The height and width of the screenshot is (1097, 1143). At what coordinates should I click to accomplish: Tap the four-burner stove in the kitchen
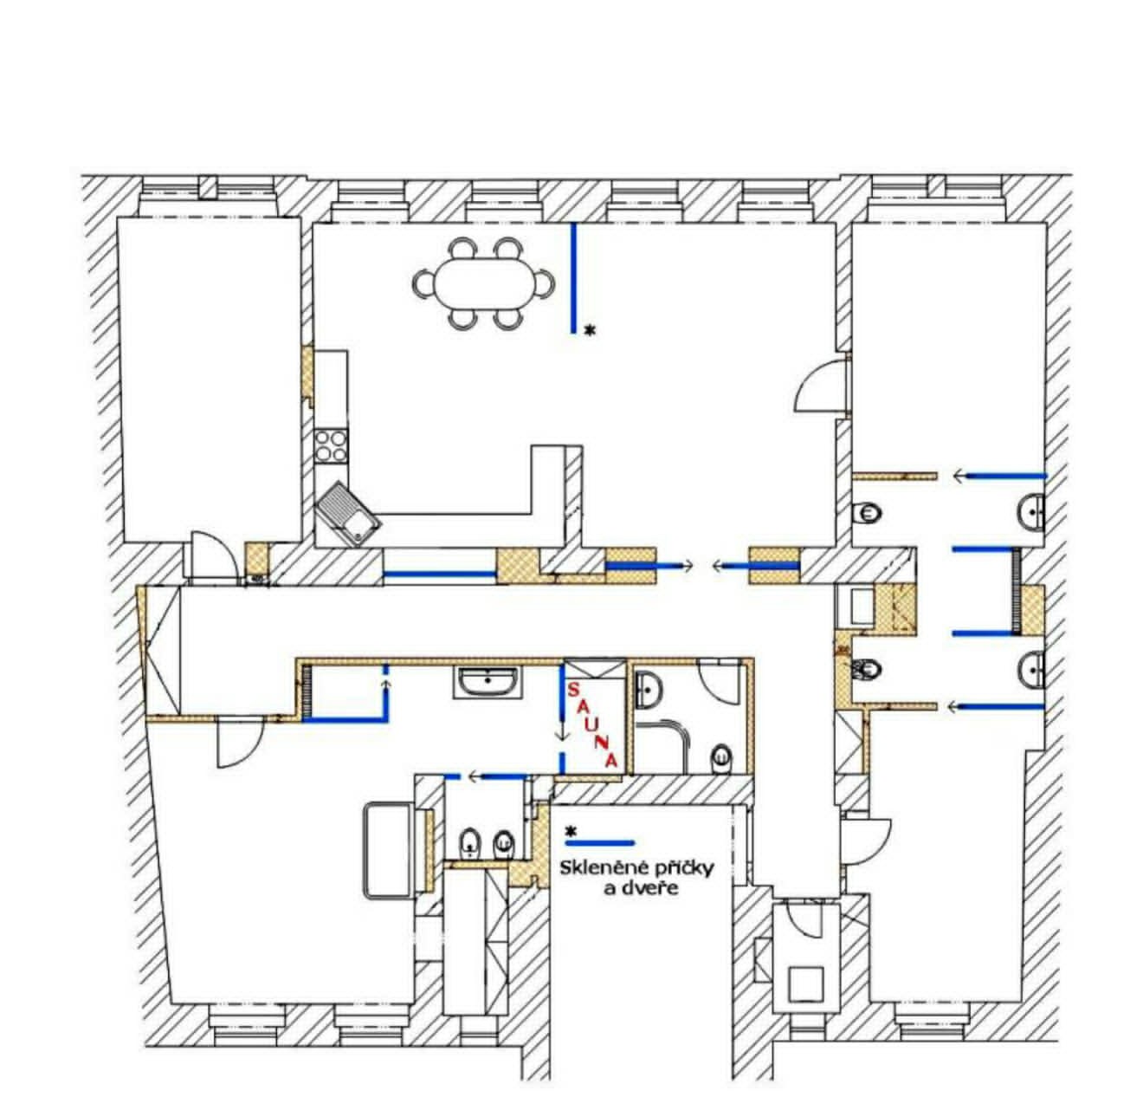click(x=331, y=445)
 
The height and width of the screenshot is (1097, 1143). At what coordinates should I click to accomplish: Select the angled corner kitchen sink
click(x=348, y=515)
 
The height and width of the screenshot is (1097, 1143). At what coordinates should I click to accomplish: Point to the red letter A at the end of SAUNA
click(x=610, y=760)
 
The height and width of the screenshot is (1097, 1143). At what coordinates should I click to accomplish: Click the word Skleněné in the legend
click(x=599, y=867)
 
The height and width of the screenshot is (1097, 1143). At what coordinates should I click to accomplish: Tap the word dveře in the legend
click(x=649, y=887)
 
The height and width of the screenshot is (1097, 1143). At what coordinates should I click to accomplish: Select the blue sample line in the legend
click(x=600, y=842)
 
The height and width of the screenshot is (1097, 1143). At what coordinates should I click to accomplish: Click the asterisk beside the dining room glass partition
click(x=590, y=330)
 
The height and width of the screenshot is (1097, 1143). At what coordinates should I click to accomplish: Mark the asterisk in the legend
click(x=571, y=831)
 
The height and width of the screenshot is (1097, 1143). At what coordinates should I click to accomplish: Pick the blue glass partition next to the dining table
click(x=573, y=278)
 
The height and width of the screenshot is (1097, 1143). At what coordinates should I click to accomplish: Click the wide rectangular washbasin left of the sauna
click(x=487, y=683)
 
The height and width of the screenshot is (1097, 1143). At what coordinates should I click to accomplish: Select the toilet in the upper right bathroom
click(x=867, y=514)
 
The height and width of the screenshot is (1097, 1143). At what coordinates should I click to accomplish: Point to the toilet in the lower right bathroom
click(x=867, y=668)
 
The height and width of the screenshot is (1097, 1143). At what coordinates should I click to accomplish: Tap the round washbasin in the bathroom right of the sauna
click(x=649, y=690)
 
